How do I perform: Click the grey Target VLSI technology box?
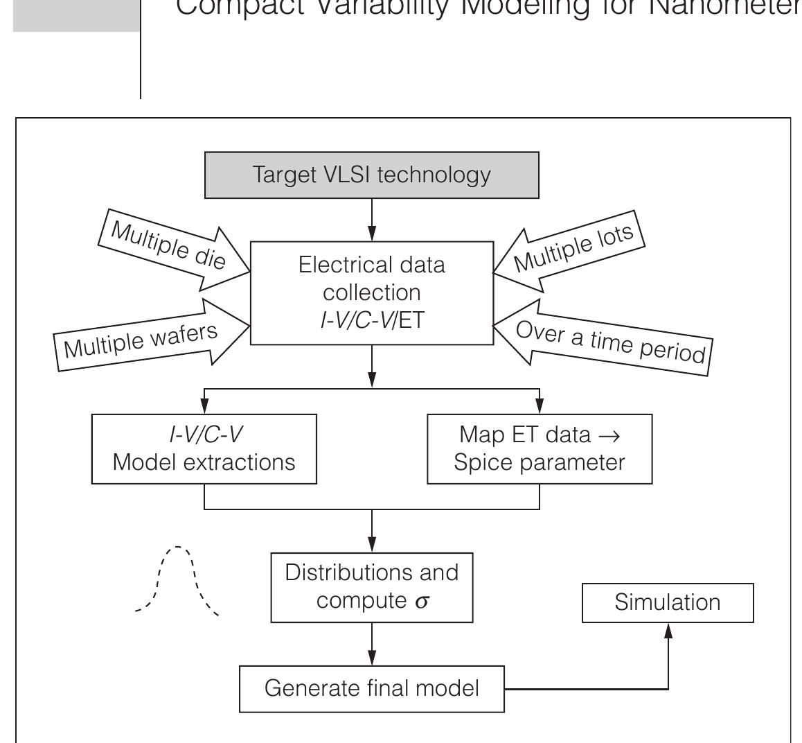point(372,175)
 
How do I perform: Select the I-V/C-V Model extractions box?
point(204,448)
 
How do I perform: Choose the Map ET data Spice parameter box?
point(540,448)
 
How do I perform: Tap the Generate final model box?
point(372,689)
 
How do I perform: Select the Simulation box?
point(667,602)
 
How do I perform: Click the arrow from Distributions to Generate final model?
point(373,645)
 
